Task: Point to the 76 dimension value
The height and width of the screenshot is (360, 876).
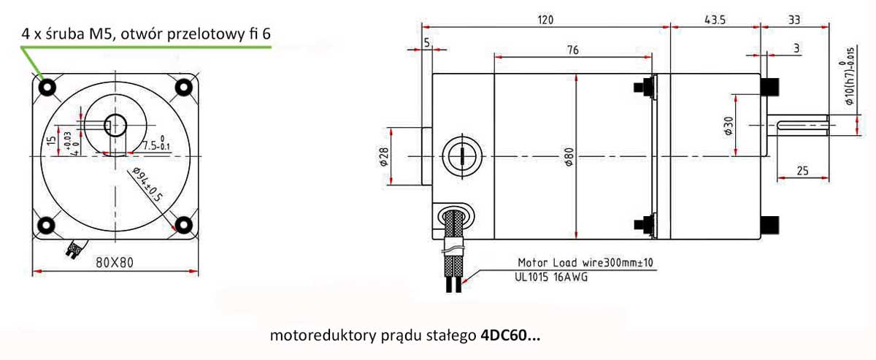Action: coord(572,50)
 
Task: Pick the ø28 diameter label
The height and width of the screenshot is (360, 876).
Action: coord(384,156)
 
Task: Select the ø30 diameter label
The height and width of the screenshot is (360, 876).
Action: coord(728,126)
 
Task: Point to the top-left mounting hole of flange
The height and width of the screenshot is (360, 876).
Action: coord(47,88)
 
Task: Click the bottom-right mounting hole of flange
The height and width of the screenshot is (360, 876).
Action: coord(183,223)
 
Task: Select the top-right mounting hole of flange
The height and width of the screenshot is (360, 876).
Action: coord(183,88)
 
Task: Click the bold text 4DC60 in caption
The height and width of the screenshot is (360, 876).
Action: coord(510,337)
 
